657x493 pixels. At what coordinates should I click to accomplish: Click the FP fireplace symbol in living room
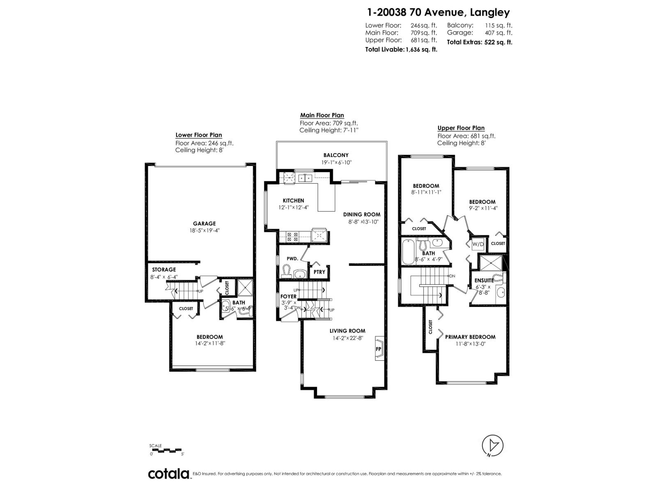[x=379, y=349]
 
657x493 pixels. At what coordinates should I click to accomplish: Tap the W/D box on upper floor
[x=478, y=244]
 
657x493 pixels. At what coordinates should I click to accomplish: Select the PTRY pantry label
[x=319, y=272]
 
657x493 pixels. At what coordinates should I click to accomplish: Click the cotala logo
[x=169, y=474]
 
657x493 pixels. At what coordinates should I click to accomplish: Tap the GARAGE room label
[x=204, y=223]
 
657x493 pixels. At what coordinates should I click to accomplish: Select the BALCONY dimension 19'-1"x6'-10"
[x=336, y=162]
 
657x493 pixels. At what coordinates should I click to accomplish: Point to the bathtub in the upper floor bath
[x=408, y=251]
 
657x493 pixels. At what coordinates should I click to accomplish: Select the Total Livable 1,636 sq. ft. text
[x=401, y=49]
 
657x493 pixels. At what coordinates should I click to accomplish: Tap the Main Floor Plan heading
[x=322, y=115]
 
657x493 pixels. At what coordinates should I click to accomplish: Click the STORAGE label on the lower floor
[x=164, y=270]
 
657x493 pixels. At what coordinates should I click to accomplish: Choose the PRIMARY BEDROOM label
[x=470, y=337]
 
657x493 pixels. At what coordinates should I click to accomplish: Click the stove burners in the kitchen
[x=293, y=237]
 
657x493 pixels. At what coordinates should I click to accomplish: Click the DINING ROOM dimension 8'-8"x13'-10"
[x=361, y=221]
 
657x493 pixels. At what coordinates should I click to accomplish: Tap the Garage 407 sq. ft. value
[x=480, y=32]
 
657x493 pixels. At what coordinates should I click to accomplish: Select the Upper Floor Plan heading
[x=461, y=128]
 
